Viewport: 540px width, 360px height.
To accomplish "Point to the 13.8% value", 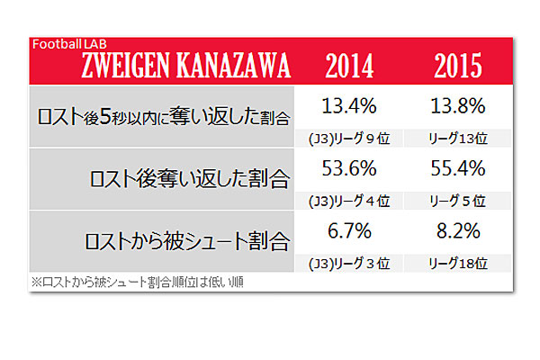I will click(x=453, y=104).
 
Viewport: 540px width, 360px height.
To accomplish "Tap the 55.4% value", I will click(x=453, y=168).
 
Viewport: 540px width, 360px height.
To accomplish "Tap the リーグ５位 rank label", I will click(x=452, y=200).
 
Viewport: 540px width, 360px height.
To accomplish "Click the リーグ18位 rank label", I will click(x=452, y=264).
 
